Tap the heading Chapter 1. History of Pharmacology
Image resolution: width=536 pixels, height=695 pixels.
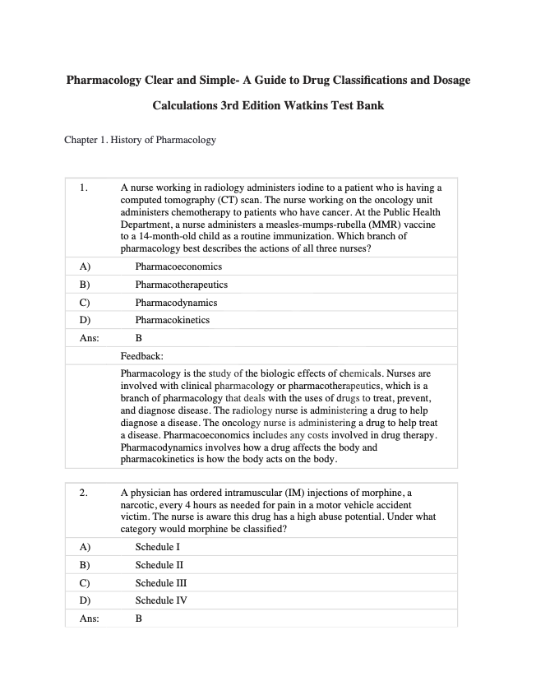pyautogui.click(x=140, y=140)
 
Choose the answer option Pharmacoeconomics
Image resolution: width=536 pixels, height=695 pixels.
pyautogui.click(x=178, y=266)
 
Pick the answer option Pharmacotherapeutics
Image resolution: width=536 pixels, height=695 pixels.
pyautogui.click(x=182, y=285)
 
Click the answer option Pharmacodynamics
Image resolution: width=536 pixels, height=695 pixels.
pyautogui.click(x=176, y=303)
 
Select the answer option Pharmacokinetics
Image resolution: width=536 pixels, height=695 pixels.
pyautogui.click(x=173, y=320)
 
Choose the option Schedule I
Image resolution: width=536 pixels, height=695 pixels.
pyautogui.click(x=157, y=547)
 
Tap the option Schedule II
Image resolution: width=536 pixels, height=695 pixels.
pyautogui.click(x=159, y=565)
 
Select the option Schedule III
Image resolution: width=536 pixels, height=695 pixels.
pyautogui.click(x=161, y=582)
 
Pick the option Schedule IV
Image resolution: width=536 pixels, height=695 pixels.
pyautogui.click(x=161, y=600)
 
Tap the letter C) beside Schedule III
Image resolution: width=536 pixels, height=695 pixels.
pyautogui.click(x=85, y=582)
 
